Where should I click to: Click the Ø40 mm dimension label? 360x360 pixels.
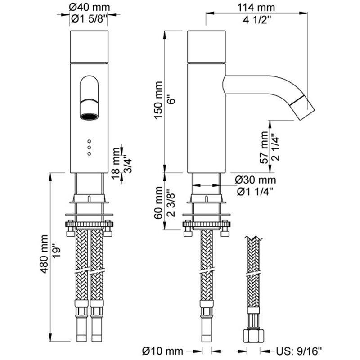tap(90, 7)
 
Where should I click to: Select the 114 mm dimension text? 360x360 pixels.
tap(256, 8)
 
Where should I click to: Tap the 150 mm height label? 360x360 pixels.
tap(158, 100)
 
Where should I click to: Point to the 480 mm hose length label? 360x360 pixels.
tap(44, 254)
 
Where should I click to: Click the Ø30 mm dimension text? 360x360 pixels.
tap(255, 180)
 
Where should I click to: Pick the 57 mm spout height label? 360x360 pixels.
tap(264, 147)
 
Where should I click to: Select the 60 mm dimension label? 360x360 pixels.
tap(158, 202)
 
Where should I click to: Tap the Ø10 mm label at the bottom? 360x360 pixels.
tap(162, 351)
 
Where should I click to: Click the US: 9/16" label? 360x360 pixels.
tap(299, 351)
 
